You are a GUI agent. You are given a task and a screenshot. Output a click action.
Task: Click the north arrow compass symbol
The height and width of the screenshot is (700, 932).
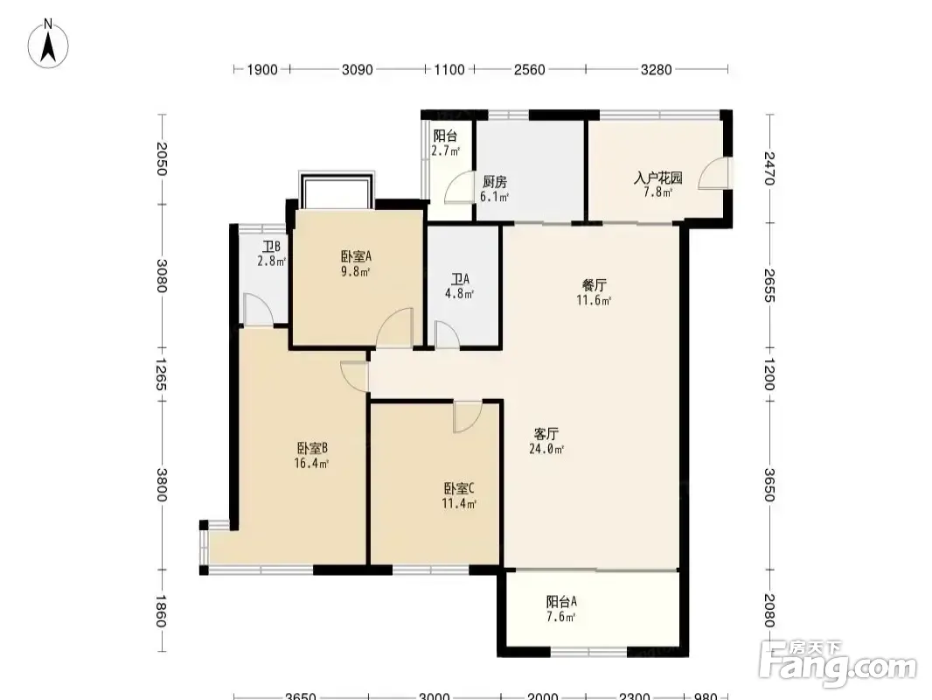48,44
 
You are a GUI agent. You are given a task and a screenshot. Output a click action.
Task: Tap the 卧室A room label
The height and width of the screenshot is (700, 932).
356,256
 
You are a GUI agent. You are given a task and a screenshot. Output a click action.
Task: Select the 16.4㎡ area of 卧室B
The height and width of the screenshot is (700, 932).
311,463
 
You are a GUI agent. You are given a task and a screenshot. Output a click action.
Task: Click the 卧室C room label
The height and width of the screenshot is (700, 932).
459,489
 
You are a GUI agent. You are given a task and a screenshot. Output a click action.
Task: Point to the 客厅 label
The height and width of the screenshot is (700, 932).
546,434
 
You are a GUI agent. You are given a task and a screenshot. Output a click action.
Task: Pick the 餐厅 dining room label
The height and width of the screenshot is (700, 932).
594,285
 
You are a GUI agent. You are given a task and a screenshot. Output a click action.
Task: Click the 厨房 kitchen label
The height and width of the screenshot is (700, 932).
495,181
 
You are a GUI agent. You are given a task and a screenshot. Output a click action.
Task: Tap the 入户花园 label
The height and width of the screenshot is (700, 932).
658,178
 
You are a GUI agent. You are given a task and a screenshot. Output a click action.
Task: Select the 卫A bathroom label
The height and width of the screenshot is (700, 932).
460,279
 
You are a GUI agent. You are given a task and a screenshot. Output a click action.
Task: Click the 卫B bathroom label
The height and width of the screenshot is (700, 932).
272,246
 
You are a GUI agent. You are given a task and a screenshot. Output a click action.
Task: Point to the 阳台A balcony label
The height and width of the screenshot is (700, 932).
561,602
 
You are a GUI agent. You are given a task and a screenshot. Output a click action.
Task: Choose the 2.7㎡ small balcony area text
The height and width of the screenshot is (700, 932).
446,151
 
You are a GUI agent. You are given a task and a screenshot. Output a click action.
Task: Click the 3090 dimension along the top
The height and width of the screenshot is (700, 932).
358,70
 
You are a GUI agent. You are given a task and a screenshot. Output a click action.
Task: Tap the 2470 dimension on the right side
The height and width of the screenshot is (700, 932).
769,168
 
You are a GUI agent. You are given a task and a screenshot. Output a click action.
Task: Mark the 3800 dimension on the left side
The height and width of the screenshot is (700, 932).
162,485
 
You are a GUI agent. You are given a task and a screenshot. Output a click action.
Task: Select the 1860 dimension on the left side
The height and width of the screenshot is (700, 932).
162,611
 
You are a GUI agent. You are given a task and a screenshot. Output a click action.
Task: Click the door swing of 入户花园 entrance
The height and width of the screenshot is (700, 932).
713,173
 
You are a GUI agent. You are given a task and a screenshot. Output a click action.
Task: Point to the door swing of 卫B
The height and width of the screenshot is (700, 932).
258,310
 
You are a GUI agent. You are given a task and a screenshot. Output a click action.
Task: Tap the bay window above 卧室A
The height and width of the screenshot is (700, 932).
337,190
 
